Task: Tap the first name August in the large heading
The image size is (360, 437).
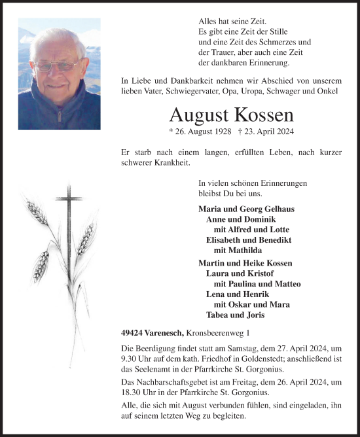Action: pyautogui.click(x=198, y=114)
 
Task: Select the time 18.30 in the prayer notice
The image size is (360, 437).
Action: pyautogui.click(x=134, y=391)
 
